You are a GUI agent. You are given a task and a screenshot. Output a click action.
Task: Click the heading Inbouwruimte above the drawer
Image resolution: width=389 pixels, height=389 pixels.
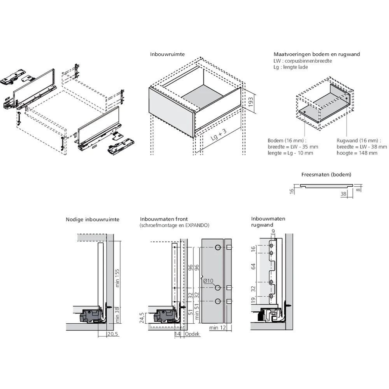coord(167,54)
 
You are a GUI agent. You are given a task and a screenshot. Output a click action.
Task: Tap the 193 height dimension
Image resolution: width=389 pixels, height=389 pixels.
coord(251,102)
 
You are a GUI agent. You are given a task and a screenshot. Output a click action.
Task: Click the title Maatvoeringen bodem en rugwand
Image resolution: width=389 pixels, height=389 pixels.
coord(316,54)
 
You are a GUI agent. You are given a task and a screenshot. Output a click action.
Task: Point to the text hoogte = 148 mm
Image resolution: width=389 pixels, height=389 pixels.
coord(357,153)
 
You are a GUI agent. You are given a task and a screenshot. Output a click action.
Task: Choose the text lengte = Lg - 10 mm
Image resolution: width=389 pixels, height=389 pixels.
coord(290,153)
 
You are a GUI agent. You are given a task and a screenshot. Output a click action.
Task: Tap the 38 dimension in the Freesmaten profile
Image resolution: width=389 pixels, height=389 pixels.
coord(343,193)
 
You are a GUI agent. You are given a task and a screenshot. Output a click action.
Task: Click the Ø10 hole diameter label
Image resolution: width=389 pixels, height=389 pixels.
coord(207,281)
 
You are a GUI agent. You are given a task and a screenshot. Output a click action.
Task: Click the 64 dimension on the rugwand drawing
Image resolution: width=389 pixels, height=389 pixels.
coord(254,266)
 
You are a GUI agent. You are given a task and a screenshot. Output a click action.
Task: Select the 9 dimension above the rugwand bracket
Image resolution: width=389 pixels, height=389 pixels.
coord(273,232)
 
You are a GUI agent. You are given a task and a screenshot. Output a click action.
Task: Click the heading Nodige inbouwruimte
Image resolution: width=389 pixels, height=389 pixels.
coord(93,220)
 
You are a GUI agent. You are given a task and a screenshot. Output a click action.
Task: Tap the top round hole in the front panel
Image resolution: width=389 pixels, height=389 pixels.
coord(218,248)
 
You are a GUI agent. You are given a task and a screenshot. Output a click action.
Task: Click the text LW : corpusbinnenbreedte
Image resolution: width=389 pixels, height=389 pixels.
coord(303,61)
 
